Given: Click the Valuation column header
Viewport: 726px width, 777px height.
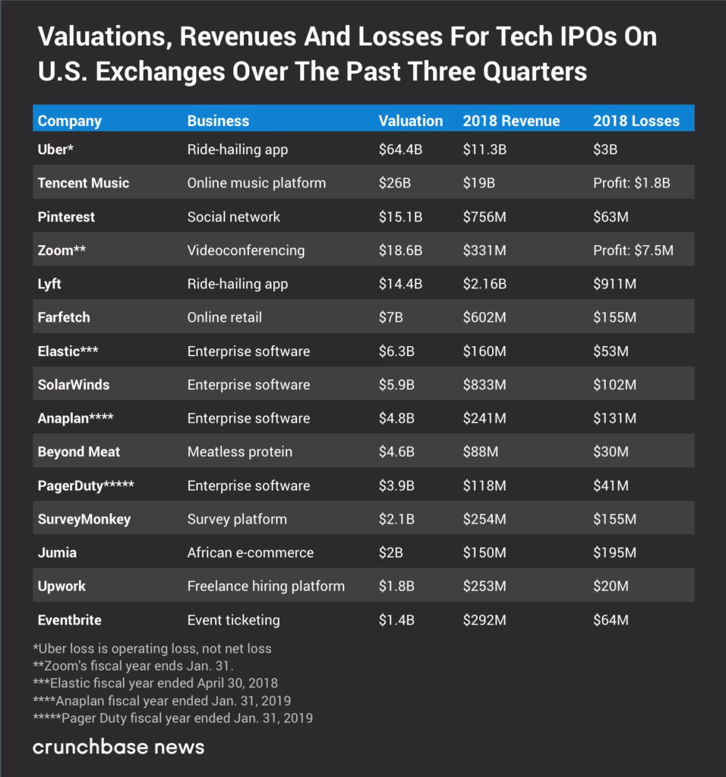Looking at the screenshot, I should click(410, 121).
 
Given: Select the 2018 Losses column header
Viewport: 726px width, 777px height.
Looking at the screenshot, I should click(636, 121).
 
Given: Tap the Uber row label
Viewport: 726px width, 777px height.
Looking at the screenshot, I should click(55, 149).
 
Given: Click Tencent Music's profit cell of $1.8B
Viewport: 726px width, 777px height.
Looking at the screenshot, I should click(632, 183).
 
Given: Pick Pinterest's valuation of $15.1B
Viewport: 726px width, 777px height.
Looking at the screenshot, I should click(400, 217).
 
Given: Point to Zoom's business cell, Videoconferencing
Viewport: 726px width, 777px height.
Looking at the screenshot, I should click(245, 250).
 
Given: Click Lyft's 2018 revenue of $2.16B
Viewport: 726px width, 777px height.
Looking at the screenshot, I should click(485, 284).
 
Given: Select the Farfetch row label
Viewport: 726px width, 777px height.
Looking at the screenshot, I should click(63, 317).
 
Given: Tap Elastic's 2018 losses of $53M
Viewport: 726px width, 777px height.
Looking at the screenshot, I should click(611, 351).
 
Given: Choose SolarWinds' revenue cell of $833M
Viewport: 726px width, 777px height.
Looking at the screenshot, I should click(485, 385).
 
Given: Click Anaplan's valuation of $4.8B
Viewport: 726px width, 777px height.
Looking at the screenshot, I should click(396, 418).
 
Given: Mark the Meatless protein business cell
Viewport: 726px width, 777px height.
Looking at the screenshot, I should click(239, 451).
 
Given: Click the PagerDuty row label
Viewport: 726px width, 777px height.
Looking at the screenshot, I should click(85, 486).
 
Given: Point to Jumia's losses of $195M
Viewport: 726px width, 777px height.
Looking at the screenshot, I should click(614, 552).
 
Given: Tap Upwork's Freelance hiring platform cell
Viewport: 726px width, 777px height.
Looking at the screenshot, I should click(266, 586).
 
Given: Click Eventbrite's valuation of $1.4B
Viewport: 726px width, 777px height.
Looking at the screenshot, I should click(396, 620).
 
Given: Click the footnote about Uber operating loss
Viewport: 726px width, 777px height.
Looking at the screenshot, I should click(152, 649).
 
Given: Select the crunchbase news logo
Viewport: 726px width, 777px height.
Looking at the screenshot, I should click(118, 747).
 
